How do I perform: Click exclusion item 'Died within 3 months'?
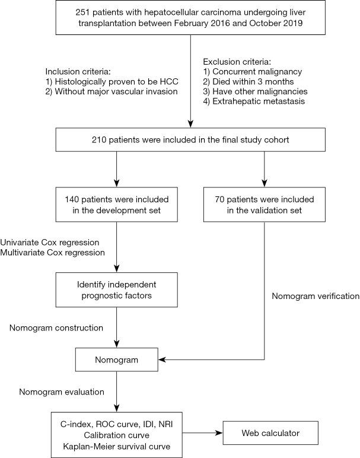pyautogui.click(x=250, y=81)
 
